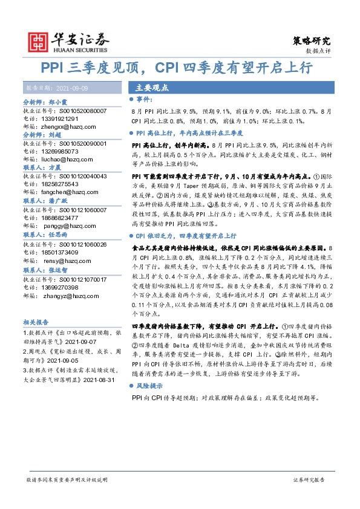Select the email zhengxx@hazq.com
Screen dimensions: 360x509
[x=66, y=128]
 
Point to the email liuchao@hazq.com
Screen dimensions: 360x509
[x=64, y=160]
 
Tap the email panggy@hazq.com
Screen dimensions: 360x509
[x=64, y=224]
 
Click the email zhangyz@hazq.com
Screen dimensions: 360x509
[x=67, y=287]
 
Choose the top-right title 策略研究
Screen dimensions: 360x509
[x=312, y=41]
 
